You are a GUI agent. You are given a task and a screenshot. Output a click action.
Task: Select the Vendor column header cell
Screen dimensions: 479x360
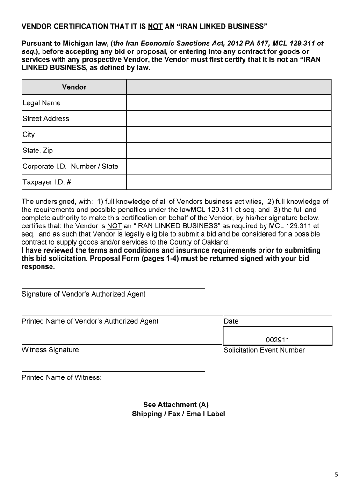coord(74,87)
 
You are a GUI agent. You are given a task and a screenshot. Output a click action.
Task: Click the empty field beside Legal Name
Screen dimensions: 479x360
coord(229,103)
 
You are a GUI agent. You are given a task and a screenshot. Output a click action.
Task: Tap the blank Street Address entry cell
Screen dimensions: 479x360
coord(229,119)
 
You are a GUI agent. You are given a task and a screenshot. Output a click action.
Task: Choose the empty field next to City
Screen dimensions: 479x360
coord(229,135)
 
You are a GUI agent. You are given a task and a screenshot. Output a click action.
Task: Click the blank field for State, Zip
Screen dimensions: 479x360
coord(229,151)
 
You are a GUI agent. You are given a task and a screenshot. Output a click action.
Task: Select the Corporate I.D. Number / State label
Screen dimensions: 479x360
coord(70,167)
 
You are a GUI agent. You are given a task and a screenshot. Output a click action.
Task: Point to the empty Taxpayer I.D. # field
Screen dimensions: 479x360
coord(229,182)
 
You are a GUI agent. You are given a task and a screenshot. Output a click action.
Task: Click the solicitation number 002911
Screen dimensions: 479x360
coord(278,341)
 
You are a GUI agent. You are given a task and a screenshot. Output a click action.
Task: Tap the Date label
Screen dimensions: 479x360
coord(231,321)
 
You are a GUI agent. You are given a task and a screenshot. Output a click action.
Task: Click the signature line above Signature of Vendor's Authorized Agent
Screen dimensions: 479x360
coord(113,288)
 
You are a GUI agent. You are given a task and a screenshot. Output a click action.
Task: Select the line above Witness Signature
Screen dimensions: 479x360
coord(121,344)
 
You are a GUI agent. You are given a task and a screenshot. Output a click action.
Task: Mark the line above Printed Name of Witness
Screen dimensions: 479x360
coord(113,372)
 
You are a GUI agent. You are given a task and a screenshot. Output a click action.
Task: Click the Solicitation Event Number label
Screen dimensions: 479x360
coord(264,350)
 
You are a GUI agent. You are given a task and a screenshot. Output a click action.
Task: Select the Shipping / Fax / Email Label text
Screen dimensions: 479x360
coord(179,414)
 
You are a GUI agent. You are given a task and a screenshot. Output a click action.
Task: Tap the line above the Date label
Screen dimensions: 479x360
coord(278,316)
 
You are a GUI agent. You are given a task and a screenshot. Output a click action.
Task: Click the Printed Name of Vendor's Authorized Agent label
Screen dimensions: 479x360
coord(90,321)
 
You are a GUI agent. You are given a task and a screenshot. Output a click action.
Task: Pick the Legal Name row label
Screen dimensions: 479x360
coord(42,103)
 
